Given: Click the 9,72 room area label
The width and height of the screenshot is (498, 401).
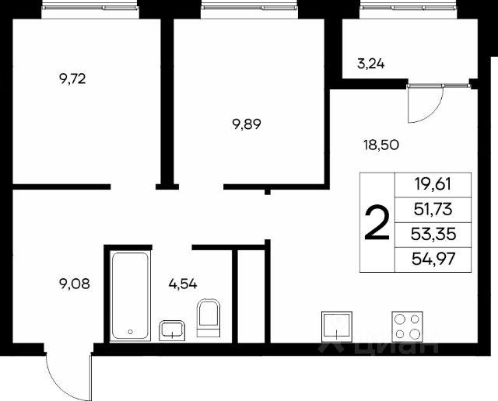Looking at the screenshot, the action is click(x=72, y=78).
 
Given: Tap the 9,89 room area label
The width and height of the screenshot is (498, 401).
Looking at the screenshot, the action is click(x=247, y=124).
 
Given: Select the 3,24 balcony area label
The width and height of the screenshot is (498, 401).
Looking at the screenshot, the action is click(x=371, y=64).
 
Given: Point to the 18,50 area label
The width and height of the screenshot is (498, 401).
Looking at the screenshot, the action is click(x=381, y=145).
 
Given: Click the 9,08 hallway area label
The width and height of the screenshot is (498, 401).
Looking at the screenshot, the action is click(x=75, y=284).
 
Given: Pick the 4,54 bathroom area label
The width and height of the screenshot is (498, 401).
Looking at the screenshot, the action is click(x=183, y=284).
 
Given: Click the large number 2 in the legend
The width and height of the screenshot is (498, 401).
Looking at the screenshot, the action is click(x=377, y=222).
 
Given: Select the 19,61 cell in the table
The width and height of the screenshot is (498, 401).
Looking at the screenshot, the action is click(x=433, y=184).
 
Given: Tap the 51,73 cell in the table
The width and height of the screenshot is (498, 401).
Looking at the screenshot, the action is click(x=433, y=209).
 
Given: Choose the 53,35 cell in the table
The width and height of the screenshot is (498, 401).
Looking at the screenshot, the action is click(x=433, y=235).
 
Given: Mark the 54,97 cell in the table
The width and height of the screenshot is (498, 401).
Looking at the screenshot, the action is click(x=433, y=260).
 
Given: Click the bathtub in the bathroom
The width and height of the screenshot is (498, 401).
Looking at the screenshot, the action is click(x=130, y=296).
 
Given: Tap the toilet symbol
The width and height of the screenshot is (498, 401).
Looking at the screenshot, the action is click(x=208, y=318).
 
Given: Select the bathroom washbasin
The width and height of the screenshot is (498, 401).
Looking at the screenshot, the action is click(x=172, y=330).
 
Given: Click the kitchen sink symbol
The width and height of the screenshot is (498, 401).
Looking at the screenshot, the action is click(x=337, y=326).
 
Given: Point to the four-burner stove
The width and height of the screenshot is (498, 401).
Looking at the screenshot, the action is click(x=407, y=326).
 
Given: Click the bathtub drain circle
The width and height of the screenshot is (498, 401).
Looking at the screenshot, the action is click(x=130, y=332).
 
